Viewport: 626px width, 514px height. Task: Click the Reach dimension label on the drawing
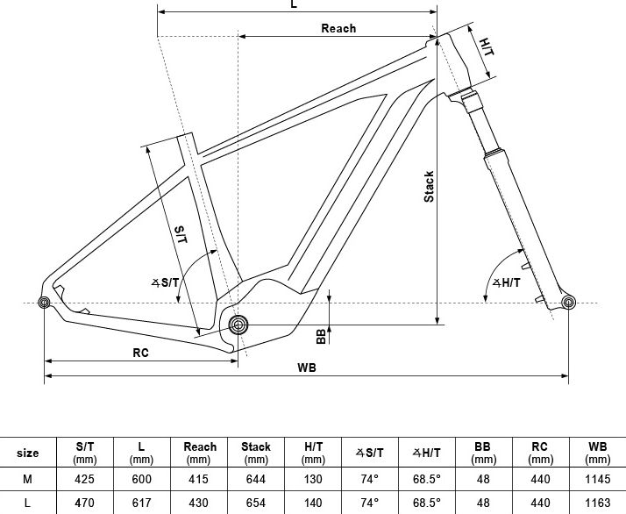tap(338, 28)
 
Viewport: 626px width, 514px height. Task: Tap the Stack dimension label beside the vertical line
tap(429, 187)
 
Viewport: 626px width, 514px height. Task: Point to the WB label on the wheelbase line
tap(307, 368)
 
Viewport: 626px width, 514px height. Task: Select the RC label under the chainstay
tap(140, 353)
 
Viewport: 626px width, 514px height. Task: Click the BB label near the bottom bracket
tap(322, 336)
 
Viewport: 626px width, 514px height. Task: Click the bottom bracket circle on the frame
tap(238, 325)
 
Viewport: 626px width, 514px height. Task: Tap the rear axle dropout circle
tap(44, 303)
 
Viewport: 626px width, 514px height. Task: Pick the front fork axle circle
tap(568, 303)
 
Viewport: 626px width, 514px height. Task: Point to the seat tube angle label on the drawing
tap(166, 282)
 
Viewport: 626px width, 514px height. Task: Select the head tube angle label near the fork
tap(506, 282)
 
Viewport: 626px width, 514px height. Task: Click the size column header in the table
tap(27, 453)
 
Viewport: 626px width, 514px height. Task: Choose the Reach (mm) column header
tap(200, 453)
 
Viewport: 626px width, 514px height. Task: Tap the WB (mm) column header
tap(597, 453)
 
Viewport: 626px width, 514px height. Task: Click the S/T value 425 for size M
tap(85, 479)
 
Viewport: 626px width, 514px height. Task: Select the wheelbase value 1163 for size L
tap(597, 503)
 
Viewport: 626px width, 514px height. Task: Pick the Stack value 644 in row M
tap(256, 479)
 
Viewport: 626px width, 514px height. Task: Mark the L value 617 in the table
tap(142, 503)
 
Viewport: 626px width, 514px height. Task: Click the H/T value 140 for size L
tap(313, 503)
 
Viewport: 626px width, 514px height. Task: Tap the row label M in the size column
tap(27, 479)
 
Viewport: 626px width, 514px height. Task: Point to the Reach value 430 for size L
tap(198, 503)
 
